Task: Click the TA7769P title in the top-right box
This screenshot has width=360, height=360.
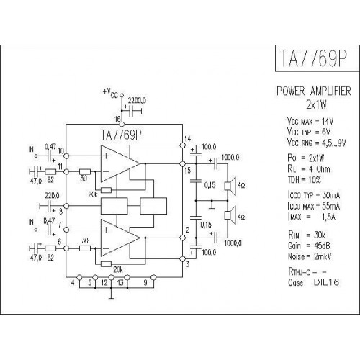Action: [314, 58]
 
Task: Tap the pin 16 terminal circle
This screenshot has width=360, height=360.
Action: [122, 124]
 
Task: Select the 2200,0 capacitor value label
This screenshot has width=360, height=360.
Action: [137, 101]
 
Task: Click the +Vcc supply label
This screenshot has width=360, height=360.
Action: [110, 93]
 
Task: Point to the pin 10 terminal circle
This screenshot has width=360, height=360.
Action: [66, 156]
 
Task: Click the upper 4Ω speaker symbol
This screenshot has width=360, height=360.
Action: [230, 186]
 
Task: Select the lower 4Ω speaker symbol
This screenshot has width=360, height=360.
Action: [230, 215]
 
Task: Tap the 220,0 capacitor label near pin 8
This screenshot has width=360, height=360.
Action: [52, 196]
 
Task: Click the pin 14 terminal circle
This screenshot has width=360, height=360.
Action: [182, 145]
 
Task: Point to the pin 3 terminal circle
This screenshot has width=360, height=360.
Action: [182, 258]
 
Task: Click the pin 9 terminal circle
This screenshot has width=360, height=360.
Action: [153, 278]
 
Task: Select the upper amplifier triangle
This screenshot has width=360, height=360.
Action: [120, 163]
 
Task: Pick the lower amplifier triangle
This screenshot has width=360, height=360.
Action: [120, 238]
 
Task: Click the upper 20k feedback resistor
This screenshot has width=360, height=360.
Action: [106, 190]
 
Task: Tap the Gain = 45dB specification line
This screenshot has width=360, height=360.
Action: [309, 246]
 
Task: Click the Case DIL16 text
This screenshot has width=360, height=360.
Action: [314, 282]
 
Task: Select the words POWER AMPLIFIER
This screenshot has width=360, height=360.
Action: [314, 91]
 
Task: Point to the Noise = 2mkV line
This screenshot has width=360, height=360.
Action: [310, 256]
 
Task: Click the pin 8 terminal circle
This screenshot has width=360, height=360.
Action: [66, 206]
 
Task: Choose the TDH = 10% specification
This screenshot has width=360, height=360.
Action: [305, 180]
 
